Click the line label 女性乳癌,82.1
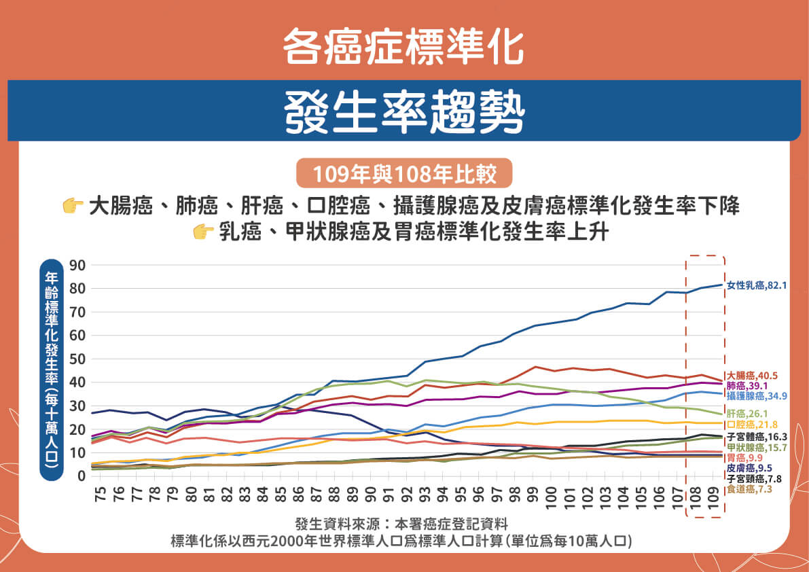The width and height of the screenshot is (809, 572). tap(757, 286)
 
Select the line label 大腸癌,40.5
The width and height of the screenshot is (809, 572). tap(752, 375)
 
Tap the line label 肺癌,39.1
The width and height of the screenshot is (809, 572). tap(747, 385)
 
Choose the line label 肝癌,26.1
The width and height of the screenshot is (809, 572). tap(747, 413)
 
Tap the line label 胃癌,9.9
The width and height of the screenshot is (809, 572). tap(742, 458)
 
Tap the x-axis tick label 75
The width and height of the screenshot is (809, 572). tap(101, 494)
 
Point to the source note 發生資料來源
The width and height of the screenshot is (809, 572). tap(401, 524)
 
